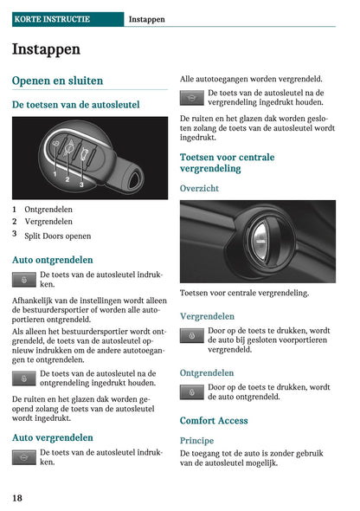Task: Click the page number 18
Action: pyautogui.click(x=17, y=498)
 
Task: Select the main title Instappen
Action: pyautogui.click(x=46, y=49)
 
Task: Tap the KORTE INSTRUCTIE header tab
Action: pyautogui.click(x=51, y=18)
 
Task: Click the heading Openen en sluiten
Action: pyautogui.click(x=57, y=81)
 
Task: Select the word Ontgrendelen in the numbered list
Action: pyautogui.click(x=48, y=209)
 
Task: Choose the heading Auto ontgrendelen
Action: pyautogui.click(x=53, y=260)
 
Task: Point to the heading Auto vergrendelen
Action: pyautogui.click(x=53, y=438)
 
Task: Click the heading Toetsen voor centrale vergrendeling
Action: pyautogui.click(x=227, y=163)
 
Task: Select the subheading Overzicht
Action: pyautogui.click(x=199, y=188)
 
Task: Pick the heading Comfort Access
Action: pyautogui.click(x=214, y=421)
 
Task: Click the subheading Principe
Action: pyautogui.click(x=196, y=440)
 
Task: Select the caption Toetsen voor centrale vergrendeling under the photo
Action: pyautogui.click(x=244, y=293)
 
